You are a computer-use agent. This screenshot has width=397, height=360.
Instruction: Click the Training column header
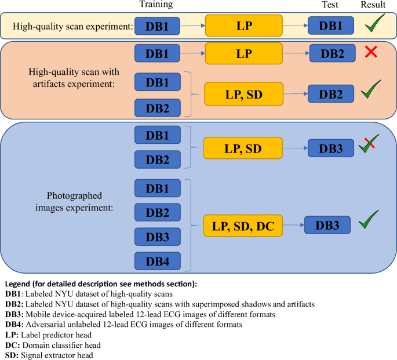pos(156,5)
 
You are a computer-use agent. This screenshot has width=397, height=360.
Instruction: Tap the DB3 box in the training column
pos(158,237)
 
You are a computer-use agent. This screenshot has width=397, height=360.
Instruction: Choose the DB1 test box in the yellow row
pos(331,26)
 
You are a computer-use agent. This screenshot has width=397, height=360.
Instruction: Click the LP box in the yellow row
pos(243,26)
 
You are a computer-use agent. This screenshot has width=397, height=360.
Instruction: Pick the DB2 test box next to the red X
pos(331,54)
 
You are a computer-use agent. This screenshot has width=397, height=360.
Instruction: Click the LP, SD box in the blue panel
pos(243,148)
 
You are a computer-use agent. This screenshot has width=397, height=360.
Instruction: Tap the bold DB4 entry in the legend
pos(14,324)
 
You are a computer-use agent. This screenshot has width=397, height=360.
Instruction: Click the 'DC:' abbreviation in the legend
pos(12,345)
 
